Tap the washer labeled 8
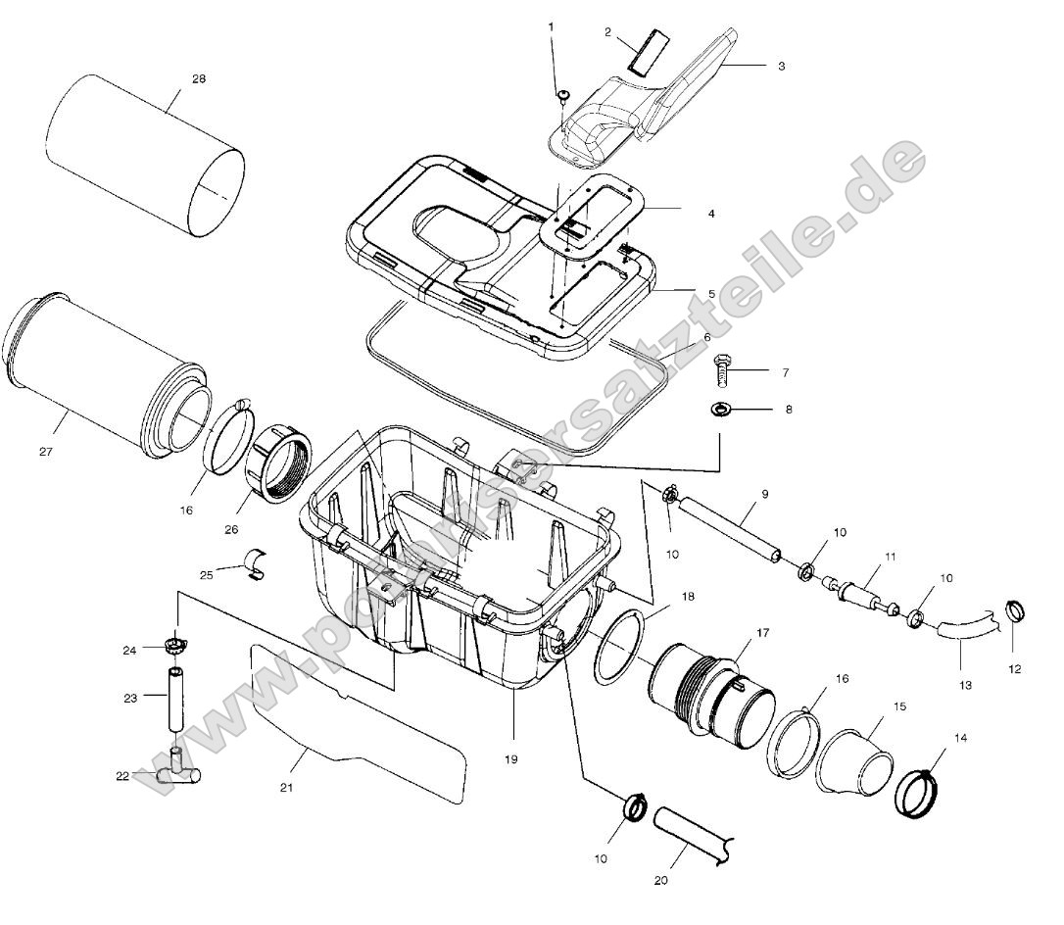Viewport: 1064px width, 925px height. tap(720, 408)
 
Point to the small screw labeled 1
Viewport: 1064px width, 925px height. tap(564, 94)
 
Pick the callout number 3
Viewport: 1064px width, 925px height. tap(781, 66)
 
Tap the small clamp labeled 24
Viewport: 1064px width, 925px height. tap(176, 645)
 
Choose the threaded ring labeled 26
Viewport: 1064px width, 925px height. tap(278, 464)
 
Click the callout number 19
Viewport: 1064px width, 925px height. tap(512, 759)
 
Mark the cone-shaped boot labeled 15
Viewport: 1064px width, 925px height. tap(854, 759)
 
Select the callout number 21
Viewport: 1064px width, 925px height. tap(285, 787)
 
